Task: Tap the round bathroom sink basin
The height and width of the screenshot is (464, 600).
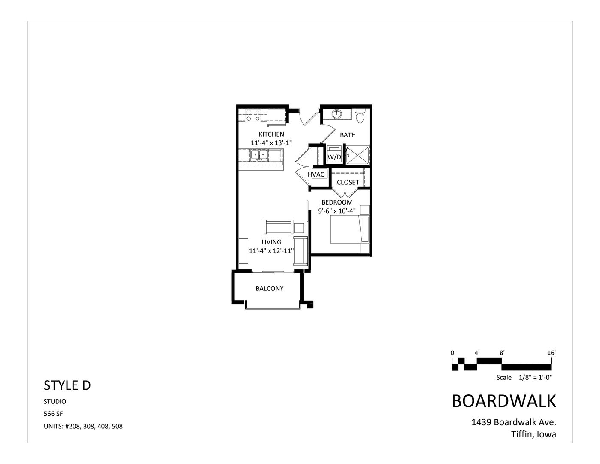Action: [338, 114]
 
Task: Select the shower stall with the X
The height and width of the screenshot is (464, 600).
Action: [358, 154]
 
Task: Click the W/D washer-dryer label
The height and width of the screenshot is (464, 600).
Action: [334, 157]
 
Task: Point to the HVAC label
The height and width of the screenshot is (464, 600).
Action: [316, 174]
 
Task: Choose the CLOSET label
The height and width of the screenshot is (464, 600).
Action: [348, 182]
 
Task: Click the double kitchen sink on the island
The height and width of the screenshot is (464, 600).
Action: [259, 154]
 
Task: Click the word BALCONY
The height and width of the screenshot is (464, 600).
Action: [270, 288]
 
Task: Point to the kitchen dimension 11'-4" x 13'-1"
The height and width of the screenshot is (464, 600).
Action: [271, 143]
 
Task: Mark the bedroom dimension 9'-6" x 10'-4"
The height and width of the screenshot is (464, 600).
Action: [337, 211]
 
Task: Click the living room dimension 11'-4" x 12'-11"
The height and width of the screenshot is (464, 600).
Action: [271, 251]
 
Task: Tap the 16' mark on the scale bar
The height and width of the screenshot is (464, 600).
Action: [552, 353]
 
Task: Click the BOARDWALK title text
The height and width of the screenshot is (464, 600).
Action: [504, 401]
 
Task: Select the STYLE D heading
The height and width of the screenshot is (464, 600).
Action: [67, 385]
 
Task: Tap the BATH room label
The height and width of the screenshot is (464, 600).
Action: [348, 135]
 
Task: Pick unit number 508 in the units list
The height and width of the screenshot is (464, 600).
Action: [117, 427]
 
